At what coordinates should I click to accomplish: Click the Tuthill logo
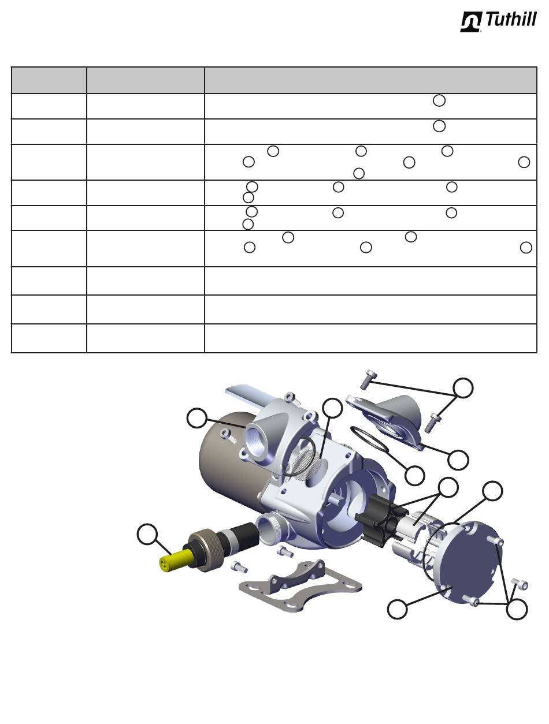[x=498, y=22]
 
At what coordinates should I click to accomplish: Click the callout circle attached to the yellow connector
[x=147, y=534]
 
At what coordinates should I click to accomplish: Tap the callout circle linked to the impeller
[x=448, y=487]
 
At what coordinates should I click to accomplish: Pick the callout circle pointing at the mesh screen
[x=332, y=408]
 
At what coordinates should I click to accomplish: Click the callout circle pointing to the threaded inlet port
[x=197, y=418]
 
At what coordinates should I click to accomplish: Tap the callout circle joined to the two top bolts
[x=463, y=388]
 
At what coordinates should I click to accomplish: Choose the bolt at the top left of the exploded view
[x=368, y=380]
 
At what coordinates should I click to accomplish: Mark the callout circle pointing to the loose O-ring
[x=414, y=475]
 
